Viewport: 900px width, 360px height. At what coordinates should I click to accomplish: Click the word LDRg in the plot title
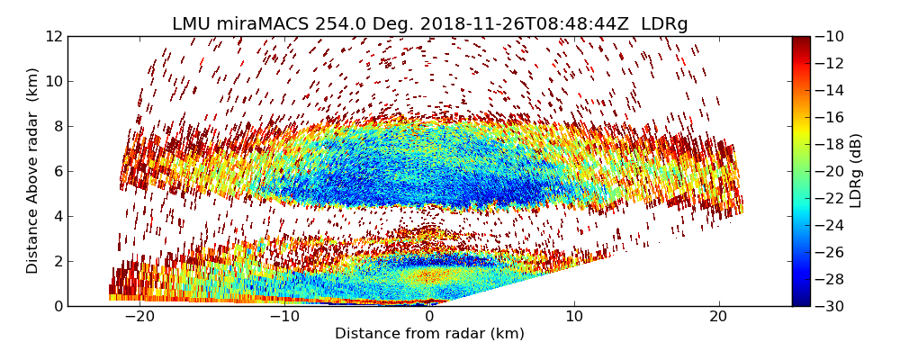coord(664,24)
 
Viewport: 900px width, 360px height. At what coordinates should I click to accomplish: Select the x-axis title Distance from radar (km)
coord(429,334)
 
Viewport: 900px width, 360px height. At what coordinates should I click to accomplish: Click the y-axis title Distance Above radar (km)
coord(33,171)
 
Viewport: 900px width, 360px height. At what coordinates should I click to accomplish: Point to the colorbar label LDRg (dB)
coord(856,171)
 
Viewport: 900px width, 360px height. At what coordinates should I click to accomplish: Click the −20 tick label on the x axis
coord(139,317)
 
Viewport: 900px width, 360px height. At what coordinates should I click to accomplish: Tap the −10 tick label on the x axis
coord(284,317)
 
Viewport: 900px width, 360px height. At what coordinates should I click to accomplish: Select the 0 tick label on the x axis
coord(429,317)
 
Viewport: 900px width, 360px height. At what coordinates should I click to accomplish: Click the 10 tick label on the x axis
coord(574,317)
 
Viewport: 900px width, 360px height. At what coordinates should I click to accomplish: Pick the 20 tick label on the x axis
coord(719,317)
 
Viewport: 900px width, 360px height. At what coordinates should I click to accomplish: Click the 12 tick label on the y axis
coord(53,36)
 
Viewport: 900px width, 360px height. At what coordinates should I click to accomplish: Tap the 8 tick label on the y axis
coord(58,126)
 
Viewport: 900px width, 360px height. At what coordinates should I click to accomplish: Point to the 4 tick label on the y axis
coord(58,216)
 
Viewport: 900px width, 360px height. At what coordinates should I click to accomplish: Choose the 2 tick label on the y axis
coord(58,261)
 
